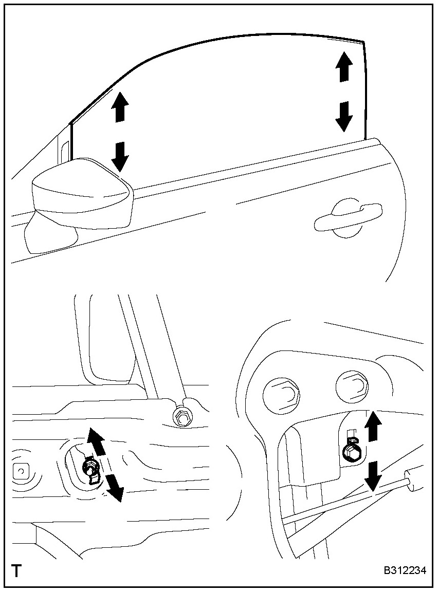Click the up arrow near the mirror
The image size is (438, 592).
click(119, 106)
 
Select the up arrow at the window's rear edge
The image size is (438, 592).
click(344, 66)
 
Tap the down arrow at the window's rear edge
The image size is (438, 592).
click(344, 116)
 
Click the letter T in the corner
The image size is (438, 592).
click(16, 570)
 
